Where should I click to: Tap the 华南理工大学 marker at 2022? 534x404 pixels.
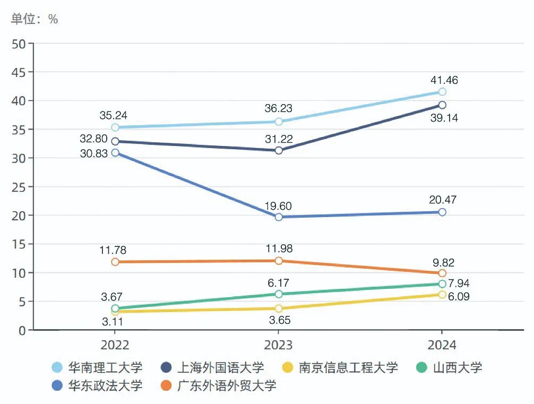coord(115,127)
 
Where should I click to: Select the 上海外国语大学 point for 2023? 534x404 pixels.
coord(279,150)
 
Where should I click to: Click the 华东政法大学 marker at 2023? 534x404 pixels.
coord(279,217)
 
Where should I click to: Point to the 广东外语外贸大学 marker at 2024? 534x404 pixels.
coord(442,273)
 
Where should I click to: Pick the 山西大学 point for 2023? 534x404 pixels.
coord(279,294)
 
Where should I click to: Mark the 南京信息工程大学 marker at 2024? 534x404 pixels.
coord(442,295)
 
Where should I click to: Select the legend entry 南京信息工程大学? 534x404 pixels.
coord(340,367)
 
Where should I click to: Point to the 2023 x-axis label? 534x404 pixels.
coord(279,345)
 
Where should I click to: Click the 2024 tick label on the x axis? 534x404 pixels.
coord(442,345)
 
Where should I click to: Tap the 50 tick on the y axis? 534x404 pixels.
coord(19,44)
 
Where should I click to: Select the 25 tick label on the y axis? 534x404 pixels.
coord(19,187)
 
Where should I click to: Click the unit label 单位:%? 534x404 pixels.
coord(35,20)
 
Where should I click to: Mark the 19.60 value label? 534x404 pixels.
coord(279,207)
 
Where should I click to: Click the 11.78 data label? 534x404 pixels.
coord(113,250)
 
